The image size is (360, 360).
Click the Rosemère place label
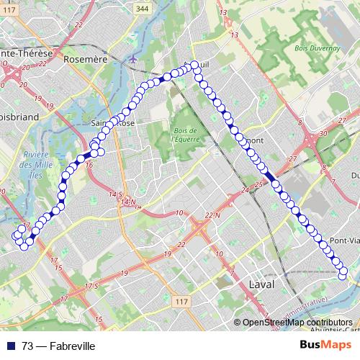[x=85, y=59]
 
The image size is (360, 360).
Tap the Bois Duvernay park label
[x=310, y=50]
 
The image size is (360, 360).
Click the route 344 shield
[x=163, y=9]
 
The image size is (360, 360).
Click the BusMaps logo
[x=326, y=345]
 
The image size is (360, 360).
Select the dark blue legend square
[x=12, y=346]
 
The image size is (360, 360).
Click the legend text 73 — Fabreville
[x=58, y=346]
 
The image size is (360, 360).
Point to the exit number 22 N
[x=212, y=215]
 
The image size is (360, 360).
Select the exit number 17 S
[x=90, y=287]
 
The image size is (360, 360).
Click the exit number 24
[x=246, y=191]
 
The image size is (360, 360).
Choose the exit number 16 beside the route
[x=89, y=166]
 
